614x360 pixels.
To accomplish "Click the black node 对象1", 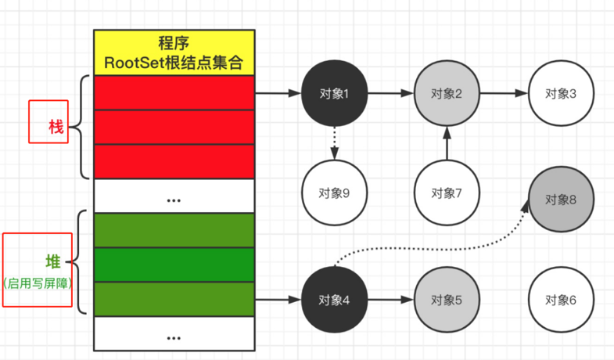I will [x=334, y=93].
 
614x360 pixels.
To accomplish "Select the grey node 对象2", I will [x=447, y=93].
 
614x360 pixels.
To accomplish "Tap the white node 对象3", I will [x=561, y=93].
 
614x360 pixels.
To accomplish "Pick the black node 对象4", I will [x=334, y=299].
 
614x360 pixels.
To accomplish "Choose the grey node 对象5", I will [x=447, y=299].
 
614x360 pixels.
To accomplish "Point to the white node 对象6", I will [x=561, y=299].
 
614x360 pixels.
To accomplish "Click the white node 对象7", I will [x=447, y=192].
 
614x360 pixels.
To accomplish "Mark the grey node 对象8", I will [x=561, y=199].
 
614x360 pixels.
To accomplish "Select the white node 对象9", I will [x=334, y=192].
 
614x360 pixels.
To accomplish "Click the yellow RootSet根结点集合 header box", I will [x=174, y=52].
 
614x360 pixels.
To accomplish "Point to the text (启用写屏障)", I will [x=38, y=284].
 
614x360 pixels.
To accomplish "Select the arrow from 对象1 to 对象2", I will [x=390, y=93].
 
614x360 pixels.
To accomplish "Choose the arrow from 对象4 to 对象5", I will [x=390, y=299].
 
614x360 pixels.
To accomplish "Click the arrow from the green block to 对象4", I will [x=278, y=299].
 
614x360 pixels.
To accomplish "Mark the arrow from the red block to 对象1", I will [x=278, y=93].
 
